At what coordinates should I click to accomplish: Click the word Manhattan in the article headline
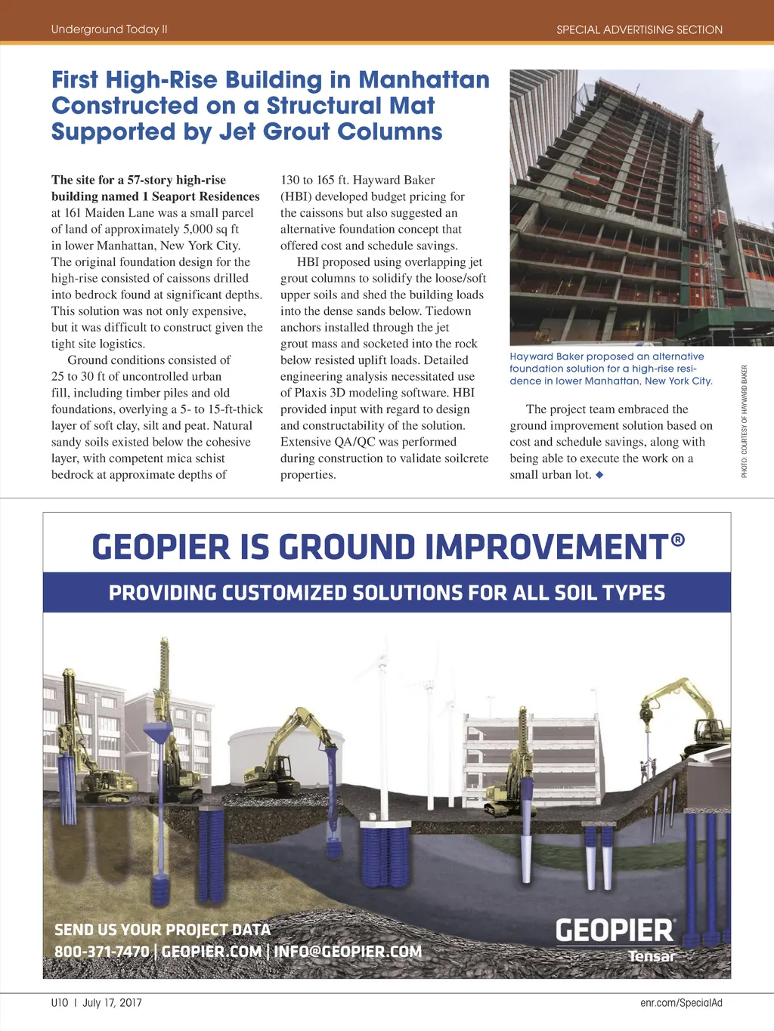click(x=423, y=80)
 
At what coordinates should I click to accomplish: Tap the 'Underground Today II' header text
click(x=109, y=29)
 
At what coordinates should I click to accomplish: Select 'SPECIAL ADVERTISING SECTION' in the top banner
click(x=639, y=30)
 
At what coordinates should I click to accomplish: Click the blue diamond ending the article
click(x=599, y=475)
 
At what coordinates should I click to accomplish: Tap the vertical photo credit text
click(x=745, y=421)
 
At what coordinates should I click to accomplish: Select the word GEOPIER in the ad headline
click(x=160, y=548)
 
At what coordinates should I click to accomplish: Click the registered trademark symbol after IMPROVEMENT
click(x=677, y=539)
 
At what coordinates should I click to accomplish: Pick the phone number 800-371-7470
click(x=101, y=952)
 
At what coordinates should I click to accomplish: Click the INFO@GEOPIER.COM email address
click(x=348, y=952)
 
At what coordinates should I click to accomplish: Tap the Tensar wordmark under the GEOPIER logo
click(x=652, y=956)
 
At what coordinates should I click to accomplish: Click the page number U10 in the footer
click(x=60, y=1003)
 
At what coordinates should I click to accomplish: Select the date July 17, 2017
click(x=112, y=1003)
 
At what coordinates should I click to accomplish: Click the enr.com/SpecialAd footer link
click(x=681, y=1003)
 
